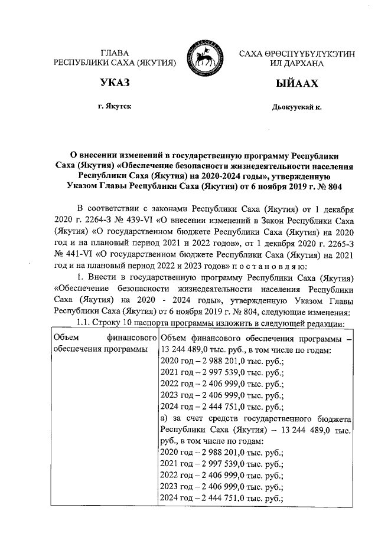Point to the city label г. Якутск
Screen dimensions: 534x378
point(115,107)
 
